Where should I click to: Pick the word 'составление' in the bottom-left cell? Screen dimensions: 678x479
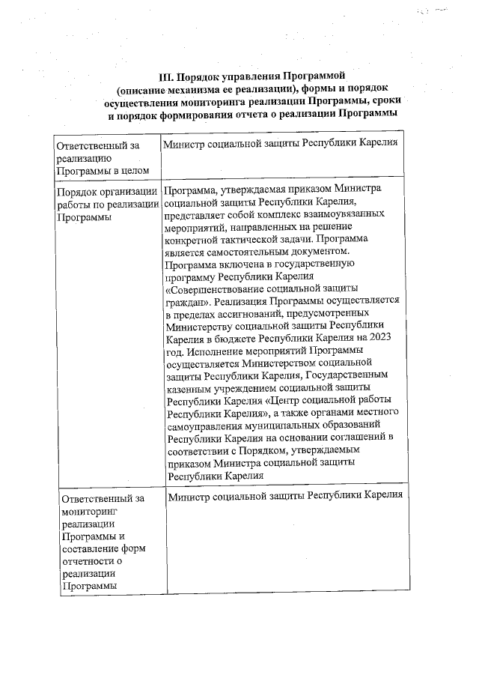pyautogui.click(x=91, y=548)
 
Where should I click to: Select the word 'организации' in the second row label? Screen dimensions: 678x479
pyautogui.click(x=129, y=191)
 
